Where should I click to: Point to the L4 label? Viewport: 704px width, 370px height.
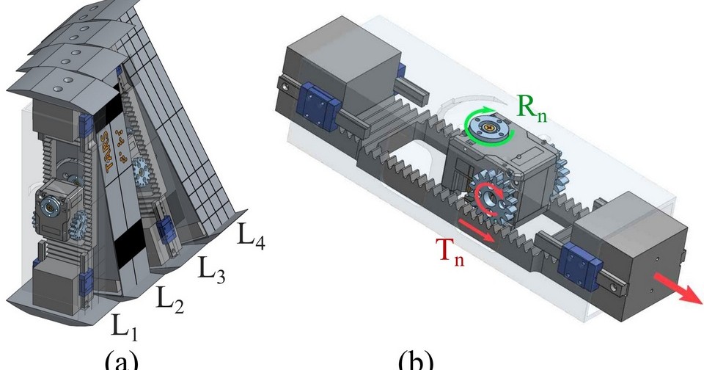coord(251,237)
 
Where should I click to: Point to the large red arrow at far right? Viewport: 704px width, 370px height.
coord(673,289)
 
